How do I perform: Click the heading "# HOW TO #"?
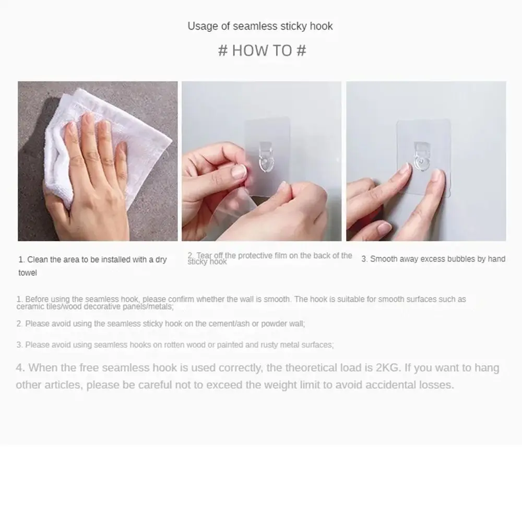(262, 51)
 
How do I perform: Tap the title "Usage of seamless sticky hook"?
(260, 26)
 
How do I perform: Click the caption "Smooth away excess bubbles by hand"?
(433, 259)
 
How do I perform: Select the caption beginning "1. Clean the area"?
(93, 259)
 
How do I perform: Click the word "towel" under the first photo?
(28, 273)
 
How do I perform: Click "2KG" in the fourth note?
(387, 368)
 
